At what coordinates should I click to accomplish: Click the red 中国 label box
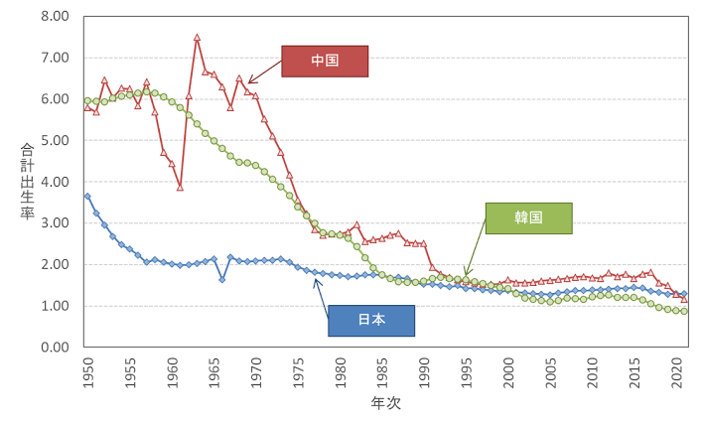click(325, 61)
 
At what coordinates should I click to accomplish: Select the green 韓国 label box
click(528, 217)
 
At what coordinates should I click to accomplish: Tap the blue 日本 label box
click(370, 320)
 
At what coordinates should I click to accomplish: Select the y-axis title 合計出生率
click(27, 182)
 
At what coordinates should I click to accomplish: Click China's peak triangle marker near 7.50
click(197, 38)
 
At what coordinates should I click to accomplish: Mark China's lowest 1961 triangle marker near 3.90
click(180, 187)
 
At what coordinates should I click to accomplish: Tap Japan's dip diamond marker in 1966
click(221, 279)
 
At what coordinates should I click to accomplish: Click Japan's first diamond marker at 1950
click(87, 197)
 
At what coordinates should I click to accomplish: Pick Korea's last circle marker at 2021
click(684, 311)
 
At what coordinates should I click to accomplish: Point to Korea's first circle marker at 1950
click(87, 100)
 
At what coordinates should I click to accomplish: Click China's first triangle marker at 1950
click(87, 107)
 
